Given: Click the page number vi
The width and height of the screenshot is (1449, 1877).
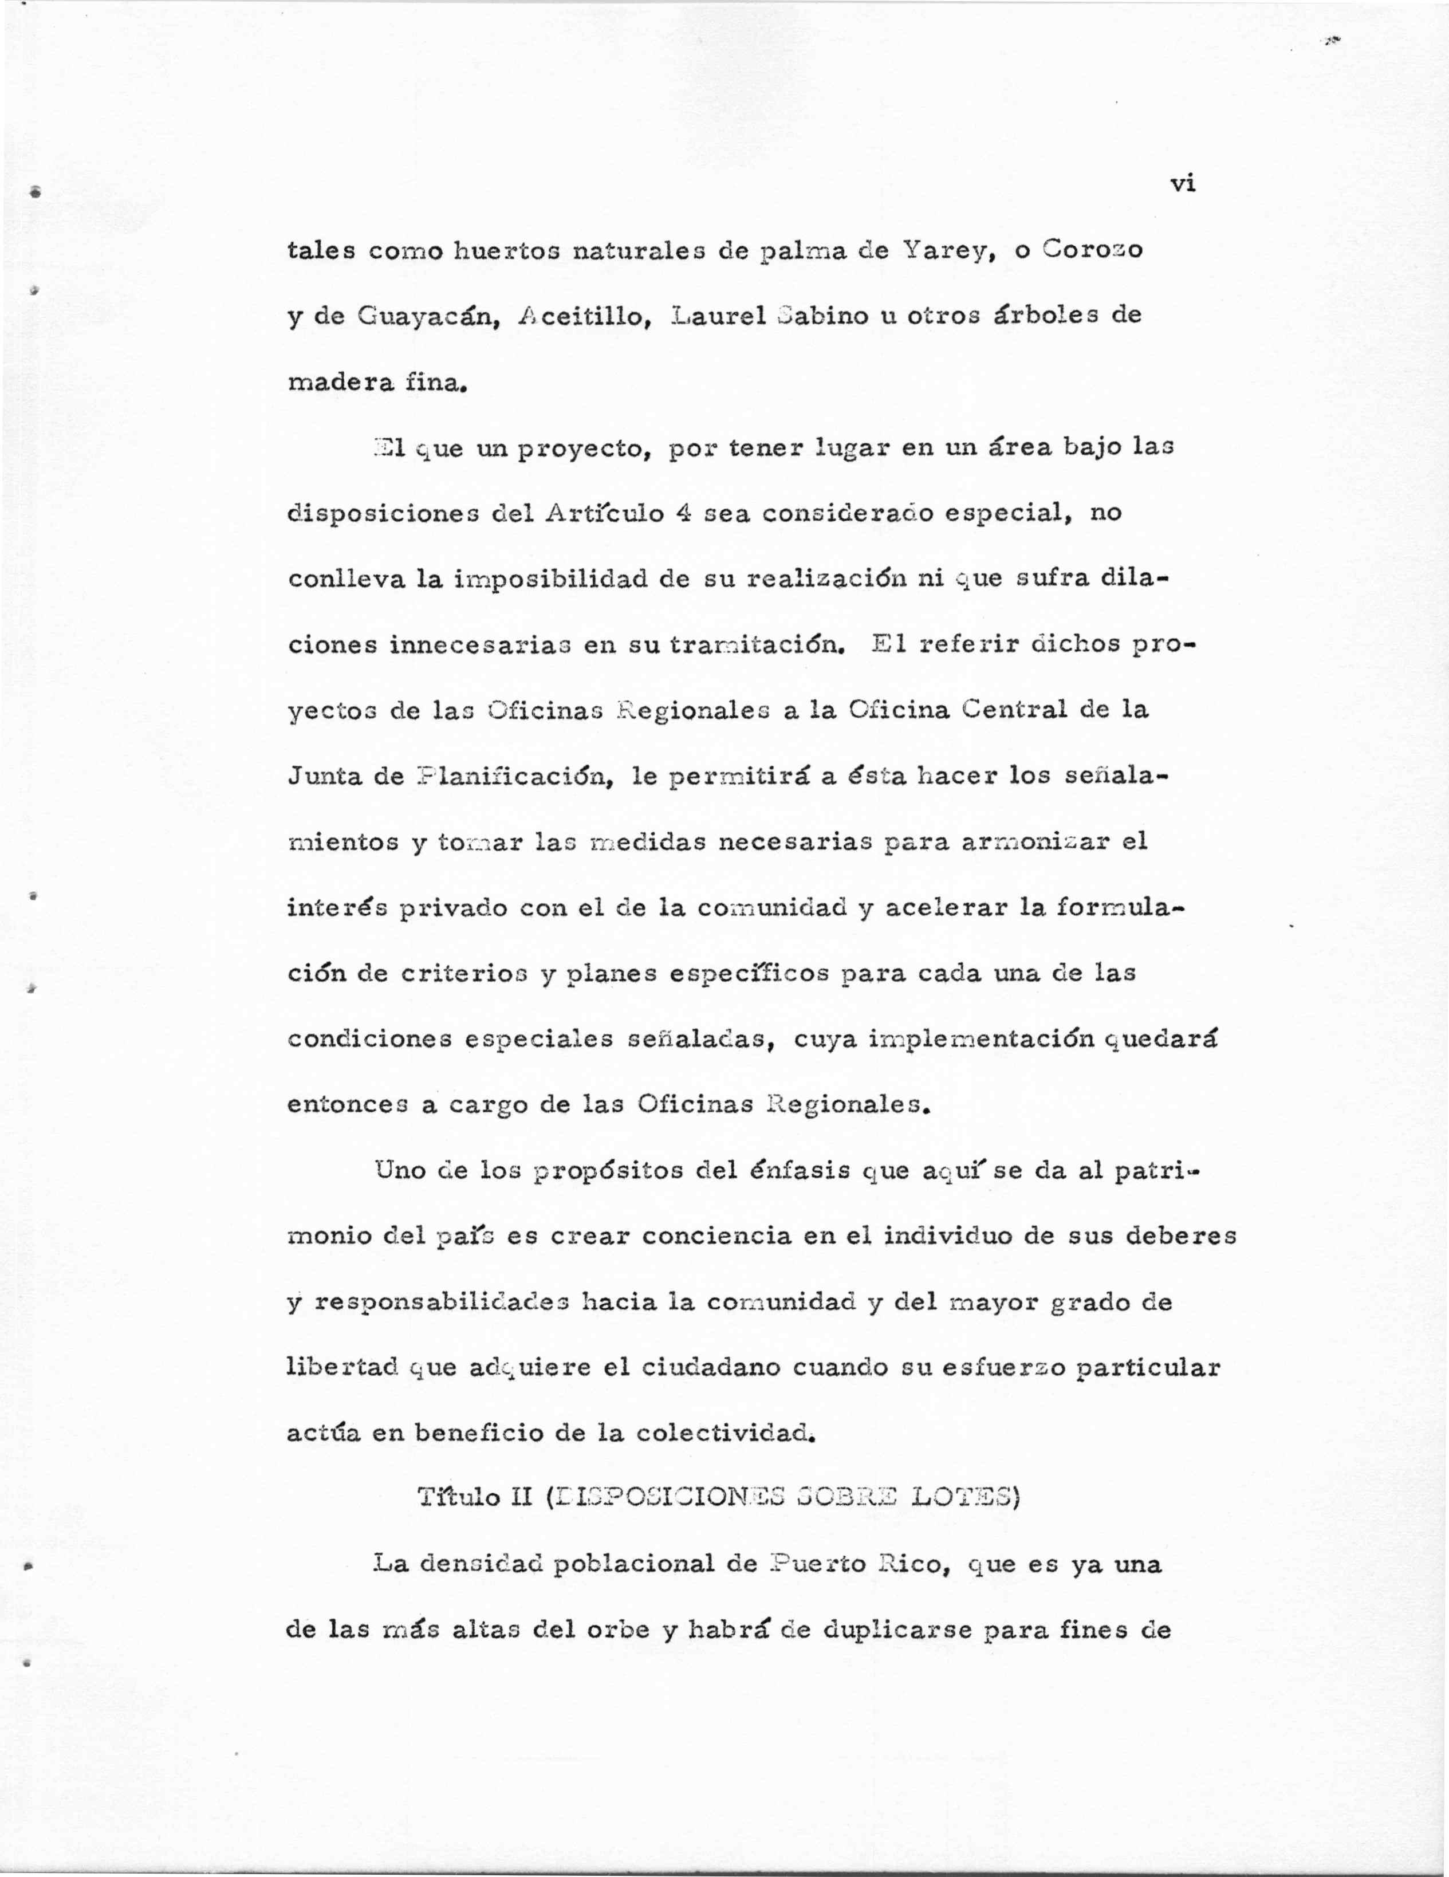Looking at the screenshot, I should pyautogui.click(x=1183, y=183).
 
